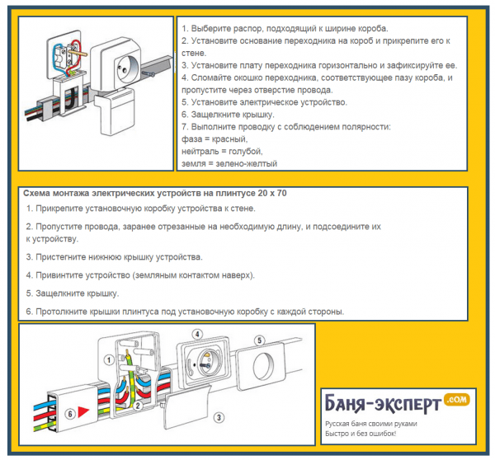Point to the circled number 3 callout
219,417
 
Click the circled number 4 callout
197,334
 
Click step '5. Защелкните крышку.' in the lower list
73,293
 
